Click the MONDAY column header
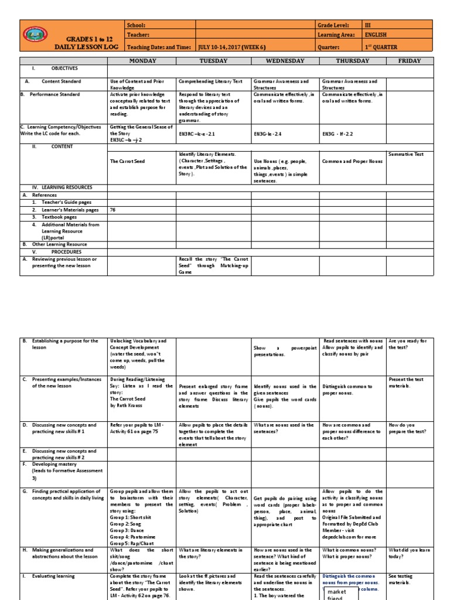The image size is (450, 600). click(142, 60)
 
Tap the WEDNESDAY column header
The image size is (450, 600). click(285, 60)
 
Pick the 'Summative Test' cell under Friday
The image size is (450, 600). click(406, 154)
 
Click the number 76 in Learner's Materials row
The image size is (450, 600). click(113, 210)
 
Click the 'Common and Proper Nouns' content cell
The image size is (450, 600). click(351, 161)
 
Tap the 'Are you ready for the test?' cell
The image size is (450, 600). click(408, 344)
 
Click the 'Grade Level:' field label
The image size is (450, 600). click(333, 26)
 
